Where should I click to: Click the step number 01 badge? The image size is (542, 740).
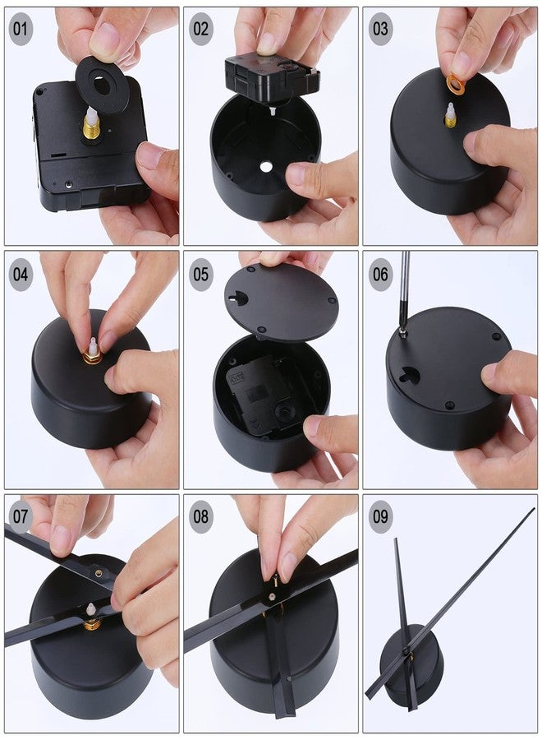pyautogui.click(x=21, y=30)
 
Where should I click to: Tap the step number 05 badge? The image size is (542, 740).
pyautogui.click(x=201, y=275)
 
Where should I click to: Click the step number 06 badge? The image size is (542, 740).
pyautogui.click(x=380, y=275)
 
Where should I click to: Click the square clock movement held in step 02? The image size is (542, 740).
pyautogui.click(x=272, y=78)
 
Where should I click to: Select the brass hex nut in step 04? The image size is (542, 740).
pyautogui.click(x=92, y=357)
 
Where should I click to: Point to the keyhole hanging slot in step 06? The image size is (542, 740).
pyautogui.click(x=408, y=374)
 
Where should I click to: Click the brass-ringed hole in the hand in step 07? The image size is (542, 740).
pyautogui.click(x=99, y=573)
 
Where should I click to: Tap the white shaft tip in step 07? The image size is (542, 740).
pyautogui.click(x=90, y=610)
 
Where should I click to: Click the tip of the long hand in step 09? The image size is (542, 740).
pyautogui.click(x=534, y=509)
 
